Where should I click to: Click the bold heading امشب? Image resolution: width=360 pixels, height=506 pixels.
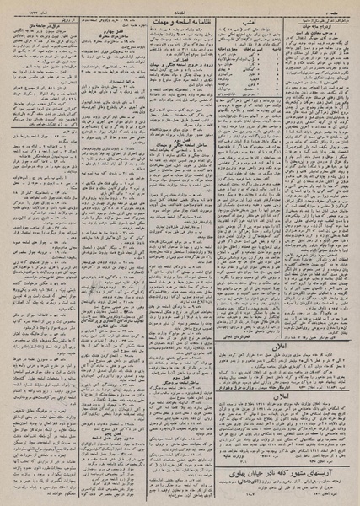pos(247,23)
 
